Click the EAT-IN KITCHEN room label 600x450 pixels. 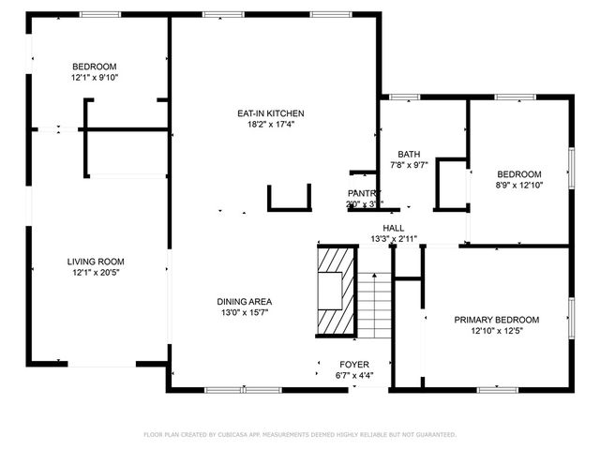pyautogui.click(x=270, y=113)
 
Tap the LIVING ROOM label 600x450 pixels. pyautogui.click(x=95, y=262)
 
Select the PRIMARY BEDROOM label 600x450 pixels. pyautogui.click(x=510, y=320)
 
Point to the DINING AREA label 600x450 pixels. pyautogui.click(x=245, y=302)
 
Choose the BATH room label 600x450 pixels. pyautogui.click(x=409, y=155)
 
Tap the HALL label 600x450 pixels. pyautogui.click(x=393, y=228)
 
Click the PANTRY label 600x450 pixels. pyautogui.click(x=364, y=193)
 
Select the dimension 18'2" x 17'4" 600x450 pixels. pyautogui.click(x=270, y=125)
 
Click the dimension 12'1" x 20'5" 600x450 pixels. pyautogui.click(x=95, y=273)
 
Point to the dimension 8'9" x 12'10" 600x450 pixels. pyautogui.click(x=518, y=186)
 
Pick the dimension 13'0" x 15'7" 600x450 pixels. pyautogui.click(x=245, y=313)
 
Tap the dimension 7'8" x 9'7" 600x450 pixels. pyautogui.click(x=409, y=166)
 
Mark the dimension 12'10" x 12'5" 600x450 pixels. pyautogui.click(x=510, y=331)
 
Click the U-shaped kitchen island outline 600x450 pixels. pyautogui.click(x=289, y=200)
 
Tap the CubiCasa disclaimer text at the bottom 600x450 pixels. pyautogui.click(x=299, y=435)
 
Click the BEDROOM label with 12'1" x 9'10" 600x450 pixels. pyautogui.click(x=95, y=66)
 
